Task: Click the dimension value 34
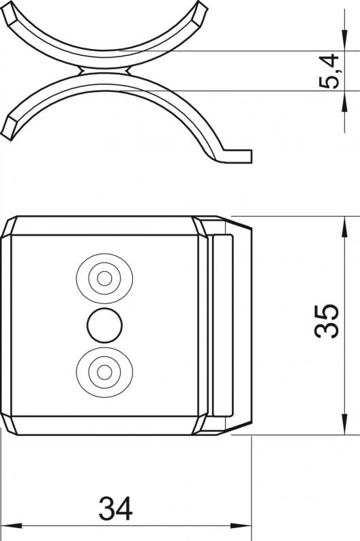115,508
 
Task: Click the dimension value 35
327,321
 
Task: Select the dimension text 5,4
329,71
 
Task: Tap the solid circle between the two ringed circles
104,326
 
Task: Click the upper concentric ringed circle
104,278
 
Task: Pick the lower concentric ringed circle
104,372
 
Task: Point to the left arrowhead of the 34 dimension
11,526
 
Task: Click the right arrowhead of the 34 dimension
241,526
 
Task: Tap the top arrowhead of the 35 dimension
344,227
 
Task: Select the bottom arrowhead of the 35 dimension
344,424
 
